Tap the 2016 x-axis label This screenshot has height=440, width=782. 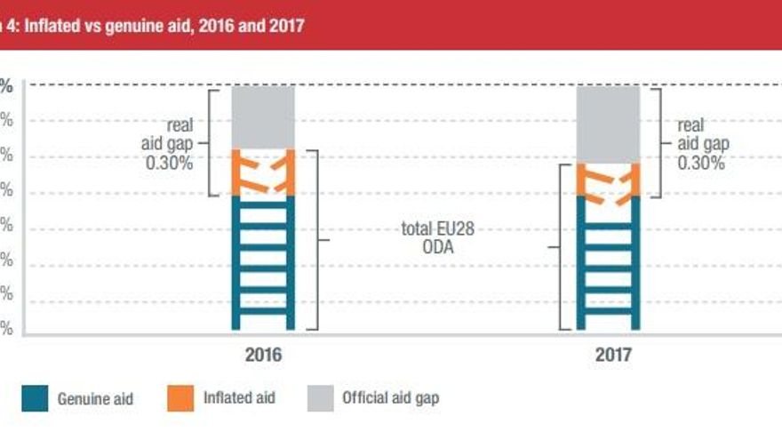tap(263, 354)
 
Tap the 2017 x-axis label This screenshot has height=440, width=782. tap(613, 354)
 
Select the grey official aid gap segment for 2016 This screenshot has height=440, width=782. tap(263, 116)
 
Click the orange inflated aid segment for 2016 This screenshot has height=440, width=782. tap(263, 172)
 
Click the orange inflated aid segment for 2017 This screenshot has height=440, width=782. tap(608, 180)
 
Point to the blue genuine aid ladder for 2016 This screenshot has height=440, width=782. tap(263, 261)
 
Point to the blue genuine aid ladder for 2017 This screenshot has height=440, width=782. tap(608, 261)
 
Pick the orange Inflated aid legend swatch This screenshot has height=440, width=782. tap(180, 397)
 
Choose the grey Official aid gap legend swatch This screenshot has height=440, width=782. tap(321, 397)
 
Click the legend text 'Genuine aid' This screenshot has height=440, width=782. tap(95, 399)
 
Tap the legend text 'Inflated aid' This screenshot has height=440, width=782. tap(240, 398)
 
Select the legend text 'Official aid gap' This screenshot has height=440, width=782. tap(390, 398)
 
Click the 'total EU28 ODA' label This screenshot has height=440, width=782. tap(438, 238)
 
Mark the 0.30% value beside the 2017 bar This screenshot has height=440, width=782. tap(701, 164)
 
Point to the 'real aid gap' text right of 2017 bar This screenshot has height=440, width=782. tap(702, 134)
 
